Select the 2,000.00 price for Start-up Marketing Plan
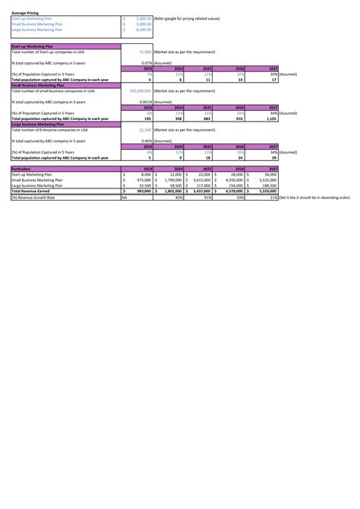click(143, 18)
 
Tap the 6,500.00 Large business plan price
click(143, 30)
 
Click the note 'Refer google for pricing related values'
click(186, 18)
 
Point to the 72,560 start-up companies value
click(142, 52)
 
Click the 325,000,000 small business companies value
click(136, 90)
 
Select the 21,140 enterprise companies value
click(142, 129)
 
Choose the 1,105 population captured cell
click(270, 119)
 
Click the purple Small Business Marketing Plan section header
click(37, 85)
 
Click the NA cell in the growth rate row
click(125, 197)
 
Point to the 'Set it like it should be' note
click(314, 197)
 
